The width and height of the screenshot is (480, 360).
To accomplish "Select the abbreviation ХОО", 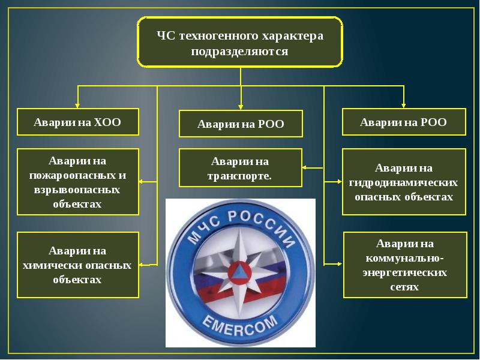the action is (x=107, y=122).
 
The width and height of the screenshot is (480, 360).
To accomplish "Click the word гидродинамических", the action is (x=403, y=182).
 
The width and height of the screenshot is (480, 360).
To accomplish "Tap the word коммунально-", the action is (x=404, y=258).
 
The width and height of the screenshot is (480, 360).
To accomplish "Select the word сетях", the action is (x=404, y=287).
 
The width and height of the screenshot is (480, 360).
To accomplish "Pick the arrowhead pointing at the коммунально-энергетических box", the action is (x=339, y=263).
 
